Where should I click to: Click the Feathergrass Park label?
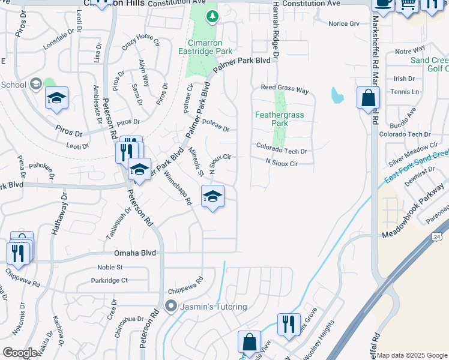coord(280,118)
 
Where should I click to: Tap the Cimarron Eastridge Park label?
coord(209,47)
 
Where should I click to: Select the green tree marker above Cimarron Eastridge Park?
coord(211,16)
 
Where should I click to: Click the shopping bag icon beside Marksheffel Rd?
coord(367,97)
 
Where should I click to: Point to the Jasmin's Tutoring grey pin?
coord(171,306)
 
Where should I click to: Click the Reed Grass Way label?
coord(284,89)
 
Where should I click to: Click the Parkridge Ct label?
coord(109,280)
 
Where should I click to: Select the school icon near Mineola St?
coord(212,196)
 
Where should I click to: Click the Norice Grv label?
coord(343,24)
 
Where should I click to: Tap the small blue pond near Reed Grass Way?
coord(337,95)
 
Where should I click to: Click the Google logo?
coord(20,353)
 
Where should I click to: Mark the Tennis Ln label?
coord(405,91)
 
